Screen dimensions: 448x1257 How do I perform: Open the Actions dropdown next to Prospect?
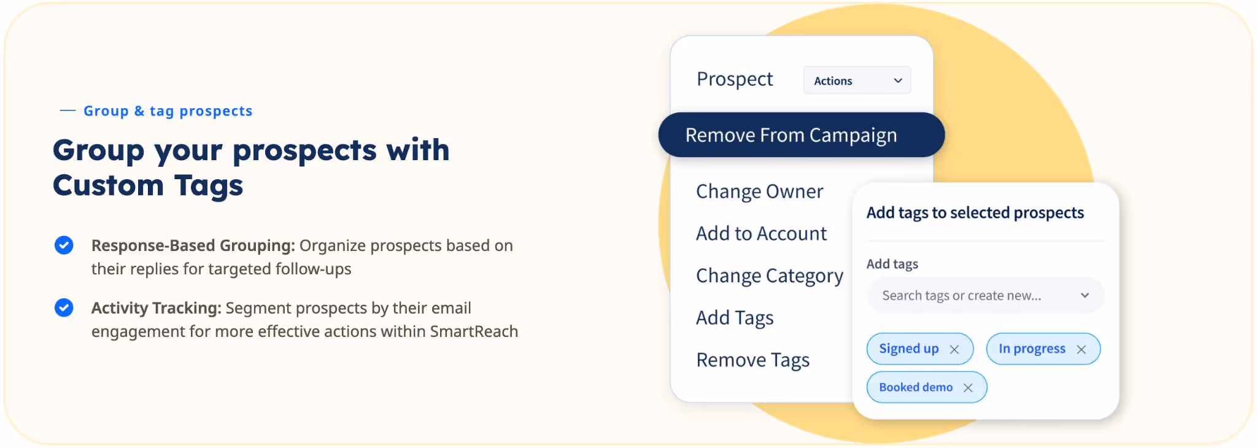pyautogui.click(x=857, y=80)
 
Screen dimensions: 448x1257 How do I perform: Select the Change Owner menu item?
pyautogui.click(x=759, y=191)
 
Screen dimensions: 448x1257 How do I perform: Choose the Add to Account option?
pyautogui.click(x=761, y=234)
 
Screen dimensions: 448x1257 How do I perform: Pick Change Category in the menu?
pyautogui.click(x=769, y=276)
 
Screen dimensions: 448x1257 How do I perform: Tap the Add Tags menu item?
pyautogui.click(x=735, y=318)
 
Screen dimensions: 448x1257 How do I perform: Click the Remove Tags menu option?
pyautogui.click(x=752, y=360)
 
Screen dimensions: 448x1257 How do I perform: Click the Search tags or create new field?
pyautogui.click(x=961, y=296)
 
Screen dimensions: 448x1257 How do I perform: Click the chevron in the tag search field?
pyautogui.click(x=1085, y=296)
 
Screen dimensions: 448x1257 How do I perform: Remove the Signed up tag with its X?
pyautogui.click(x=954, y=349)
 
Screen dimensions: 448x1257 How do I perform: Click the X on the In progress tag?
pyautogui.click(x=1081, y=349)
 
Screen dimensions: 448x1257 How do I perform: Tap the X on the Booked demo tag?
pyautogui.click(x=968, y=388)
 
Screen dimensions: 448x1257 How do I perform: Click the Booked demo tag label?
pyautogui.click(x=915, y=387)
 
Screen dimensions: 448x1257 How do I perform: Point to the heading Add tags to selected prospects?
pyautogui.click(x=975, y=213)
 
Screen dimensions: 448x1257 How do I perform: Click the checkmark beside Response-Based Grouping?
pyautogui.click(x=64, y=245)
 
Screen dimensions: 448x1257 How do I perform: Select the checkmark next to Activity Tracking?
pyautogui.click(x=64, y=307)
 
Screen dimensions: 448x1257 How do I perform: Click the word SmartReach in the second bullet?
pyautogui.click(x=474, y=331)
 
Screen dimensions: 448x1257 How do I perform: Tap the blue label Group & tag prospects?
pyautogui.click(x=168, y=111)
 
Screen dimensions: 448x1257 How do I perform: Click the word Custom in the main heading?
pyautogui.click(x=108, y=185)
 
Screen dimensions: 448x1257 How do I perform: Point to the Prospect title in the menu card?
pyautogui.click(x=735, y=79)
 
